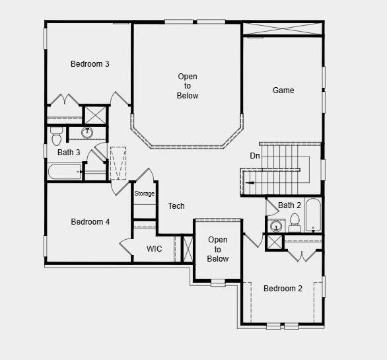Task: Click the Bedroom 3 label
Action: point(90,64)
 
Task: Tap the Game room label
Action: point(283,90)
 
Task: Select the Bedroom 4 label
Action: point(90,222)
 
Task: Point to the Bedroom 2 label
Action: point(283,289)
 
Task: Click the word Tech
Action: point(176,206)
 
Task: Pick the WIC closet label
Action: point(155,249)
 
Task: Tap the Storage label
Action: point(145,194)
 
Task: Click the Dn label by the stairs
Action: point(255,156)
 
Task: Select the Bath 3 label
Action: point(69,153)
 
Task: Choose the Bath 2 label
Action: point(290,205)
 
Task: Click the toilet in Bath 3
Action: point(56,135)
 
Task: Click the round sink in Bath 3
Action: point(87,133)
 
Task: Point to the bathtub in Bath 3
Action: point(65,172)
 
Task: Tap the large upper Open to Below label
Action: point(188,87)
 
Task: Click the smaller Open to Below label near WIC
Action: point(218,249)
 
